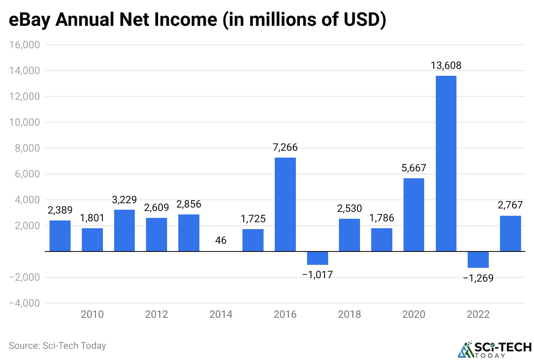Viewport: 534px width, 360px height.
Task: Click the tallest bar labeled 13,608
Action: (446, 164)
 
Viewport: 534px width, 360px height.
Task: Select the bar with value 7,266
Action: (285, 205)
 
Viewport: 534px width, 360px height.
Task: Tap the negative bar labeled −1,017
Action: (317, 258)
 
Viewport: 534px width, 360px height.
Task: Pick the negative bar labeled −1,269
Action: (478, 260)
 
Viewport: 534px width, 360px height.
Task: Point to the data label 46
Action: (221, 240)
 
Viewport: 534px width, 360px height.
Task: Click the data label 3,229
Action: (124, 200)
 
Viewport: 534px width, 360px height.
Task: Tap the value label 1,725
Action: (253, 219)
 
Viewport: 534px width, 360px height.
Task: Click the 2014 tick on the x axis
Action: (221, 315)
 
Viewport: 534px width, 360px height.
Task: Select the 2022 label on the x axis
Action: (478, 315)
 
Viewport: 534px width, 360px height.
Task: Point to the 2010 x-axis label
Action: (92, 315)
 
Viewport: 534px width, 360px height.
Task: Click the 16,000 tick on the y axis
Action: (25, 45)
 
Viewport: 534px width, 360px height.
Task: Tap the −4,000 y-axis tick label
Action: (25, 303)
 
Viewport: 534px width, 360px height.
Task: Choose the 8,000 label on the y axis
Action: (27, 148)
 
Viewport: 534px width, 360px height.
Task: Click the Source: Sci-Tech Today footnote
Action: (57, 345)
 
